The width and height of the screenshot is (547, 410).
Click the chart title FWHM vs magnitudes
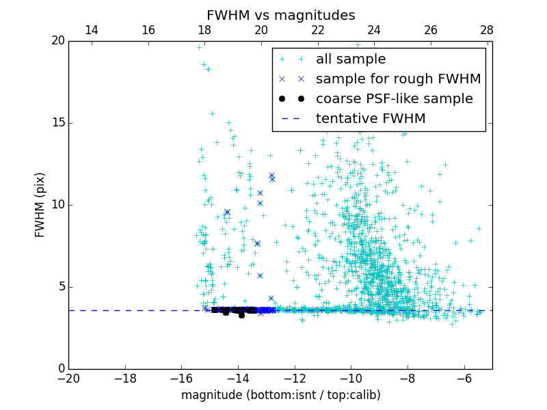[x=280, y=15]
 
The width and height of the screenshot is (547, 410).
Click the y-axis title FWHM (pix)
[x=40, y=205]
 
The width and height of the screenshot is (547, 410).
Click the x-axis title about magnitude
[x=280, y=395]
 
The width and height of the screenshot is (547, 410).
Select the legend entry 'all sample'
[x=351, y=59]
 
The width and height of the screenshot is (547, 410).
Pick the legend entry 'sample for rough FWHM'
[x=398, y=79]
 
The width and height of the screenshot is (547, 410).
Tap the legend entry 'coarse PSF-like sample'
[x=394, y=99]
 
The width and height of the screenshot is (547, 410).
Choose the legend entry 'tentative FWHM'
[x=371, y=119]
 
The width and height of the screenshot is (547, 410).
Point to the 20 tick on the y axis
[x=57, y=41]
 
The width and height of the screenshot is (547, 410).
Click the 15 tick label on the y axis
[x=57, y=123]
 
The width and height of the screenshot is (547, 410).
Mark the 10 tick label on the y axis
[x=57, y=205]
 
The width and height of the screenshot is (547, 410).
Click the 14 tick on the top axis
[x=91, y=30]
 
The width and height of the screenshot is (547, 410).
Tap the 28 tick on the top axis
[x=487, y=30]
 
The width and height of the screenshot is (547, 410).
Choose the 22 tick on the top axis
[x=317, y=30]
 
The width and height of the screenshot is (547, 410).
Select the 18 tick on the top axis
[x=204, y=30]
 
